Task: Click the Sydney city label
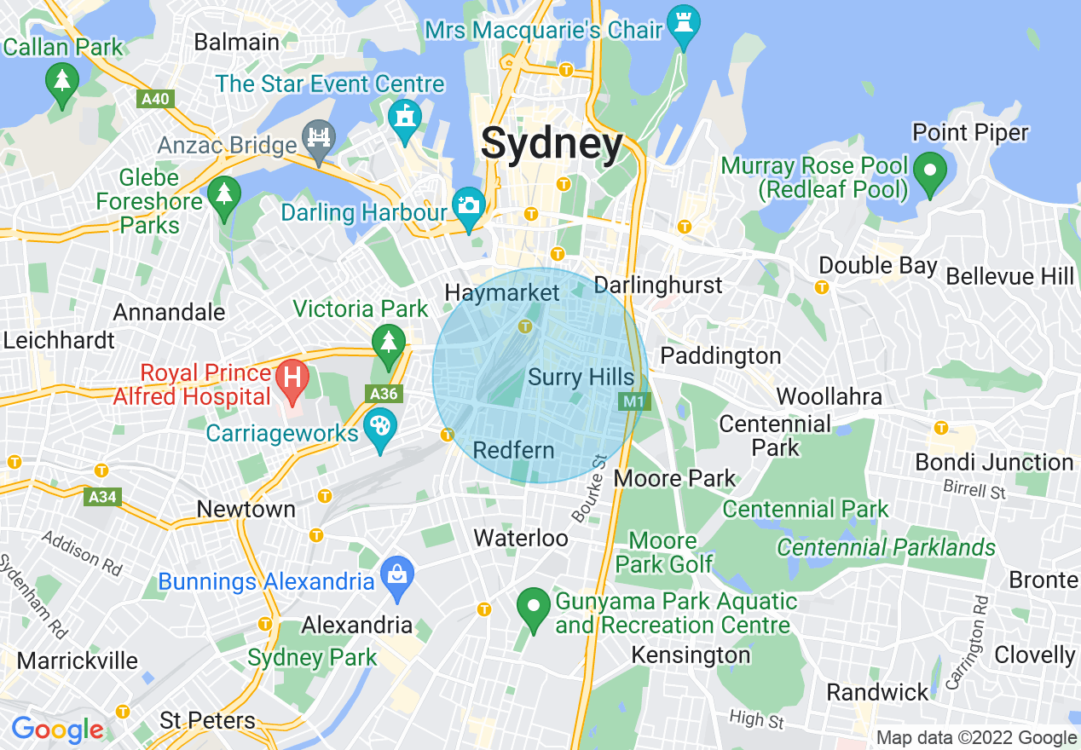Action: tap(552, 143)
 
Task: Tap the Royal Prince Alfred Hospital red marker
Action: tap(292, 378)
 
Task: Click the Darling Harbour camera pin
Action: tap(468, 205)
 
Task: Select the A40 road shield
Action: tap(155, 99)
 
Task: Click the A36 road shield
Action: tap(384, 393)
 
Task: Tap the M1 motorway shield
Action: tap(632, 400)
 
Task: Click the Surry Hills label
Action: tap(581, 378)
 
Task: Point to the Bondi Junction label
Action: tap(994, 462)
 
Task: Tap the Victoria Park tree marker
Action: tap(389, 343)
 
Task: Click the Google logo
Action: tap(57, 730)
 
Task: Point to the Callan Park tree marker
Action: tap(62, 83)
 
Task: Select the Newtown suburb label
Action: tap(246, 509)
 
